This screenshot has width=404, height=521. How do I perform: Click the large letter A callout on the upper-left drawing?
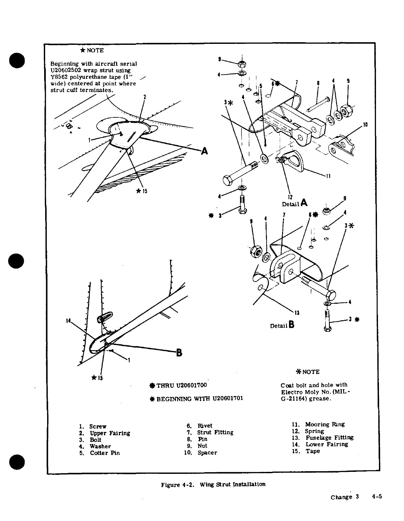tap(205, 151)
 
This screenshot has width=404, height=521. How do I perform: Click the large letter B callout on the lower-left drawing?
tap(179, 352)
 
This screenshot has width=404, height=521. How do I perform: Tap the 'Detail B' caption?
tap(282, 325)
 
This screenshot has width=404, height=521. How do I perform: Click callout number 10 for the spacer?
tap(365, 125)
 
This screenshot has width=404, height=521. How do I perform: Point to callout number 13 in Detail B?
tap(297, 313)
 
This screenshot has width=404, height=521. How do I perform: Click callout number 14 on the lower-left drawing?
tap(68, 321)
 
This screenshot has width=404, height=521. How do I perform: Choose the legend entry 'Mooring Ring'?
tap(325, 424)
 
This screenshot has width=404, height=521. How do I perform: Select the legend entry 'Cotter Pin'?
tap(105, 453)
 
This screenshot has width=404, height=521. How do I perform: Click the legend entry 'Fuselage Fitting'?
tap(329, 438)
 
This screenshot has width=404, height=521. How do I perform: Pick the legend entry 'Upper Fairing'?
tap(110, 433)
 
